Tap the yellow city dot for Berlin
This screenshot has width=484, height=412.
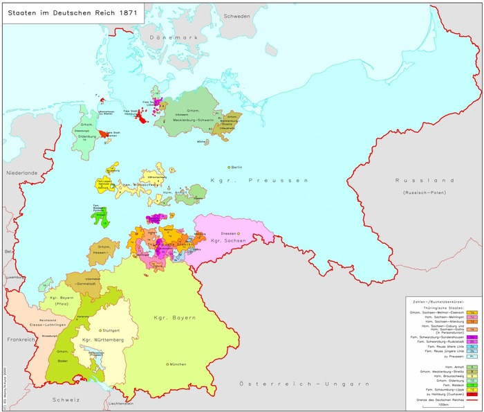[228, 167]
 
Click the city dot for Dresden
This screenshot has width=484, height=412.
[239, 234]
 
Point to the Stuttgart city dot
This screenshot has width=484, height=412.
[101, 330]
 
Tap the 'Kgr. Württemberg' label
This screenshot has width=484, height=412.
[102, 341]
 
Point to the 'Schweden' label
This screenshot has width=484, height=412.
[236, 16]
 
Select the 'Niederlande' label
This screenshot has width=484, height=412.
[22, 172]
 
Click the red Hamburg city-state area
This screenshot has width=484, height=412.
[142, 118]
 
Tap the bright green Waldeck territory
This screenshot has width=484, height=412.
[97, 217]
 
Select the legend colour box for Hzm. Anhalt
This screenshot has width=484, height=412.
[470, 366]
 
